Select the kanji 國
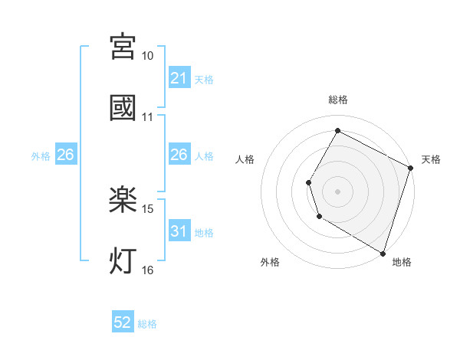tap(123, 107)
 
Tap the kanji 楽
tap(123, 201)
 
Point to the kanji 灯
tap(123, 261)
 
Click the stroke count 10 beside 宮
tap(148, 57)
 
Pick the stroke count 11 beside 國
tap(148, 118)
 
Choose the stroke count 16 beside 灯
tap(148, 270)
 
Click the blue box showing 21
tap(179, 78)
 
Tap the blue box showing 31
tap(179, 231)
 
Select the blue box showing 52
tap(123, 322)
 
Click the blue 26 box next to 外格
tap(65, 155)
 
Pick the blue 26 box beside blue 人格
tap(179, 155)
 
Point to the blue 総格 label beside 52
tap(147, 324)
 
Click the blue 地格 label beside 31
tap(204, 233)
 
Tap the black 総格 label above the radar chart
tap(337, 100)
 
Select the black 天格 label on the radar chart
tap(431, 159)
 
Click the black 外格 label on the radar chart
tap(270, 262)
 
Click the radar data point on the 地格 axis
tap(383, 253)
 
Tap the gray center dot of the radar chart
tap(337, 191)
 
